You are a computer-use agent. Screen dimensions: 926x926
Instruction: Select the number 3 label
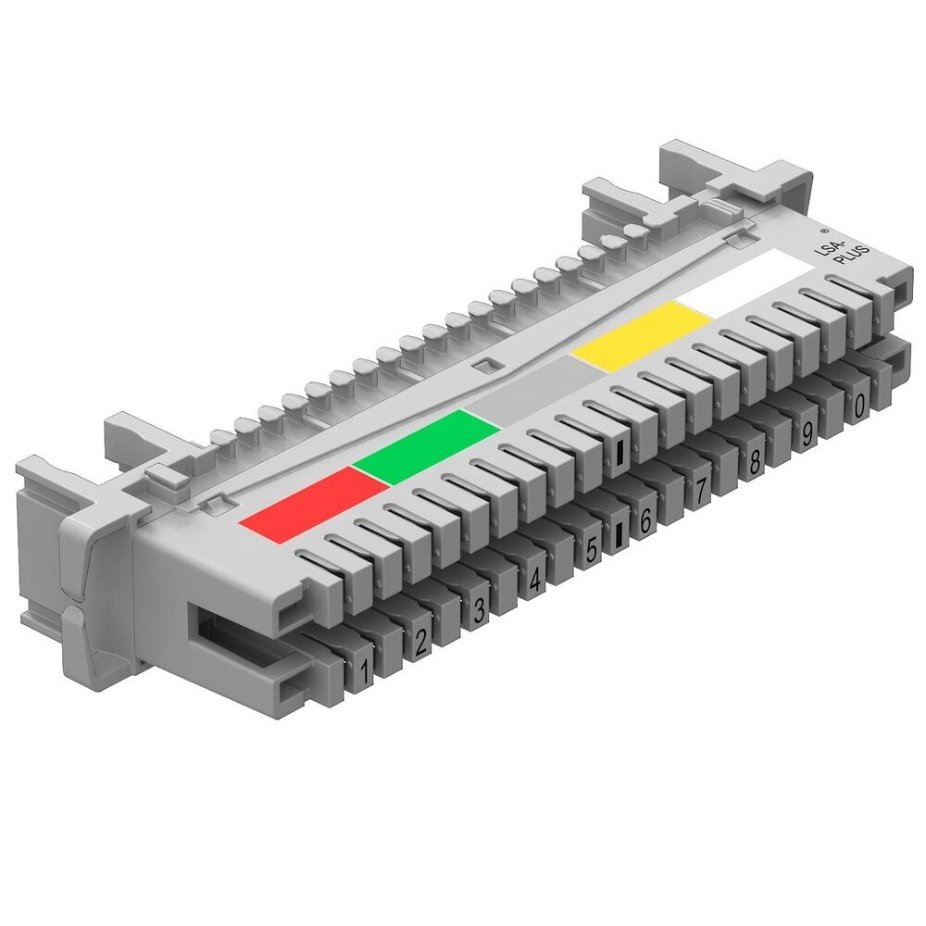pyautogui.click(x=479, y=611)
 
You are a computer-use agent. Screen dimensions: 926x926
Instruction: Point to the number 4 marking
pyautogui.click(x=534, y=581)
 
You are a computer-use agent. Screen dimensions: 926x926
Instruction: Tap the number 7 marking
pyautogui.click(x=700, y=491)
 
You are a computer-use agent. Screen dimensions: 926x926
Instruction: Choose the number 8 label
pyautogui.click(x=755, y=461)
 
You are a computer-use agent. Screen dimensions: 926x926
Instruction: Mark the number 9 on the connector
pyautogui.click(x=807, y=432)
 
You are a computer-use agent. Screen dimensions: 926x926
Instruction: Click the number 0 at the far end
pyautogui.click(x=860, y=404)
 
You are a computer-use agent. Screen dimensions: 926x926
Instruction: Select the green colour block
pyautogui.click(x=426, y=446)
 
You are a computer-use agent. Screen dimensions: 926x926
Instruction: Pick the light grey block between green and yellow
pyautogui.click(x=528, y=394)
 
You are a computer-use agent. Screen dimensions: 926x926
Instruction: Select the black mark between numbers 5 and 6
pyautogui.click(x=619, y=536)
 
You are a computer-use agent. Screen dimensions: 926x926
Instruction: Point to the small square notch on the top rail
pyautogui.click(x=482, y=364)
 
